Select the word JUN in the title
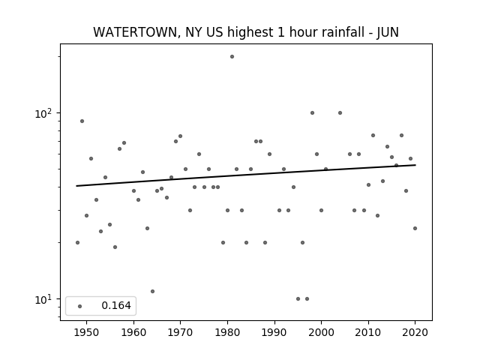[x=388, y=32]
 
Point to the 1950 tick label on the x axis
[x=87, y=332]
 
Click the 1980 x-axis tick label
[x=227, y=332]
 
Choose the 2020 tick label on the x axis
[x=415, y=332]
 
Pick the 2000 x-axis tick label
[x=321, y=332]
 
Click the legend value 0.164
[x=116, y=305]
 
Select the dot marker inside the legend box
[x=80, y=306]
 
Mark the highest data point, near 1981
[x=232, y=57]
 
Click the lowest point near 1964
[x=152, y=292]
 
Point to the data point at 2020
[x=415, y=228]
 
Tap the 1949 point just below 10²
[x=82, y=121]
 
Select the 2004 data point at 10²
[x=340, y=113]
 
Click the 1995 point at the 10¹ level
[x=298, y=298]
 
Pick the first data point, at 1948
[x=77, y=242]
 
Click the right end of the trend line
[x=415, y=165]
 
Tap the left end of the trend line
[x=76, y=186]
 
